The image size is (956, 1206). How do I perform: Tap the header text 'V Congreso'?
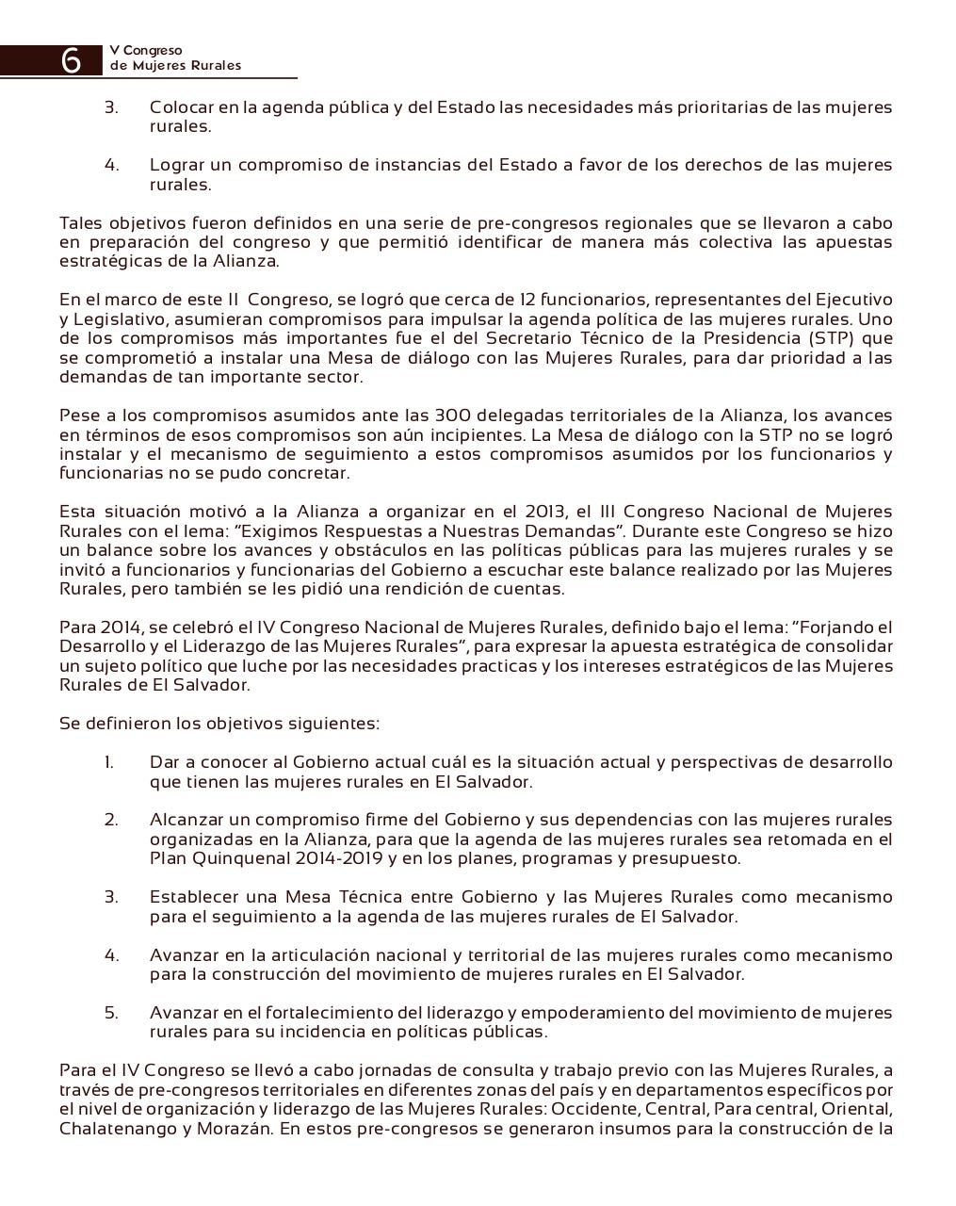[146, 50]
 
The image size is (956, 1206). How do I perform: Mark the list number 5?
[111, 1013]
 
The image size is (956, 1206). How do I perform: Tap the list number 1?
[109, 762]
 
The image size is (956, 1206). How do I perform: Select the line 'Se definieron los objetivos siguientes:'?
[219, 724]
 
